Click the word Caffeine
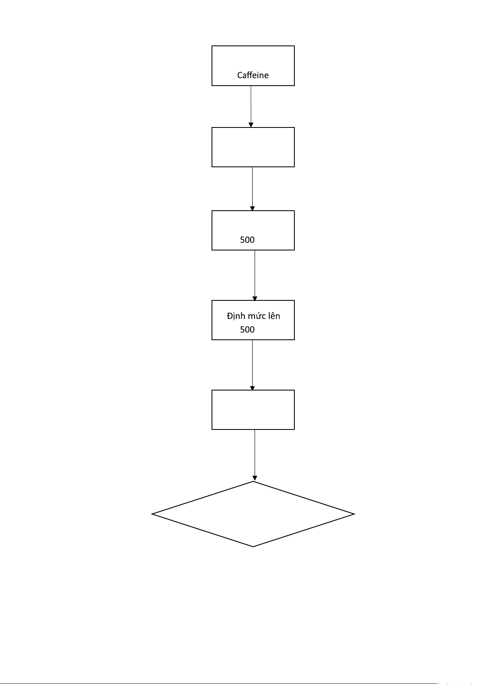point(253,75)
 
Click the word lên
point(274,316)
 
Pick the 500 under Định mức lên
point(247,330)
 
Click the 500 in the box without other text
point(247,240)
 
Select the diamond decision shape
point(253,514)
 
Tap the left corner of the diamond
point(152,514)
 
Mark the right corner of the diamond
point(354,514)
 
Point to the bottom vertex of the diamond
point(253,546)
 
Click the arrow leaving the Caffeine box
point(251,107)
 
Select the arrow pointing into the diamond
point(255,455)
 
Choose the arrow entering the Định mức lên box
point(255,276)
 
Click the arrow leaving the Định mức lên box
point(252,365)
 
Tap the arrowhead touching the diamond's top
point(255,478)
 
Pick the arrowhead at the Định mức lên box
point(255,299)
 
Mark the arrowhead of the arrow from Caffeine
point(251,125)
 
